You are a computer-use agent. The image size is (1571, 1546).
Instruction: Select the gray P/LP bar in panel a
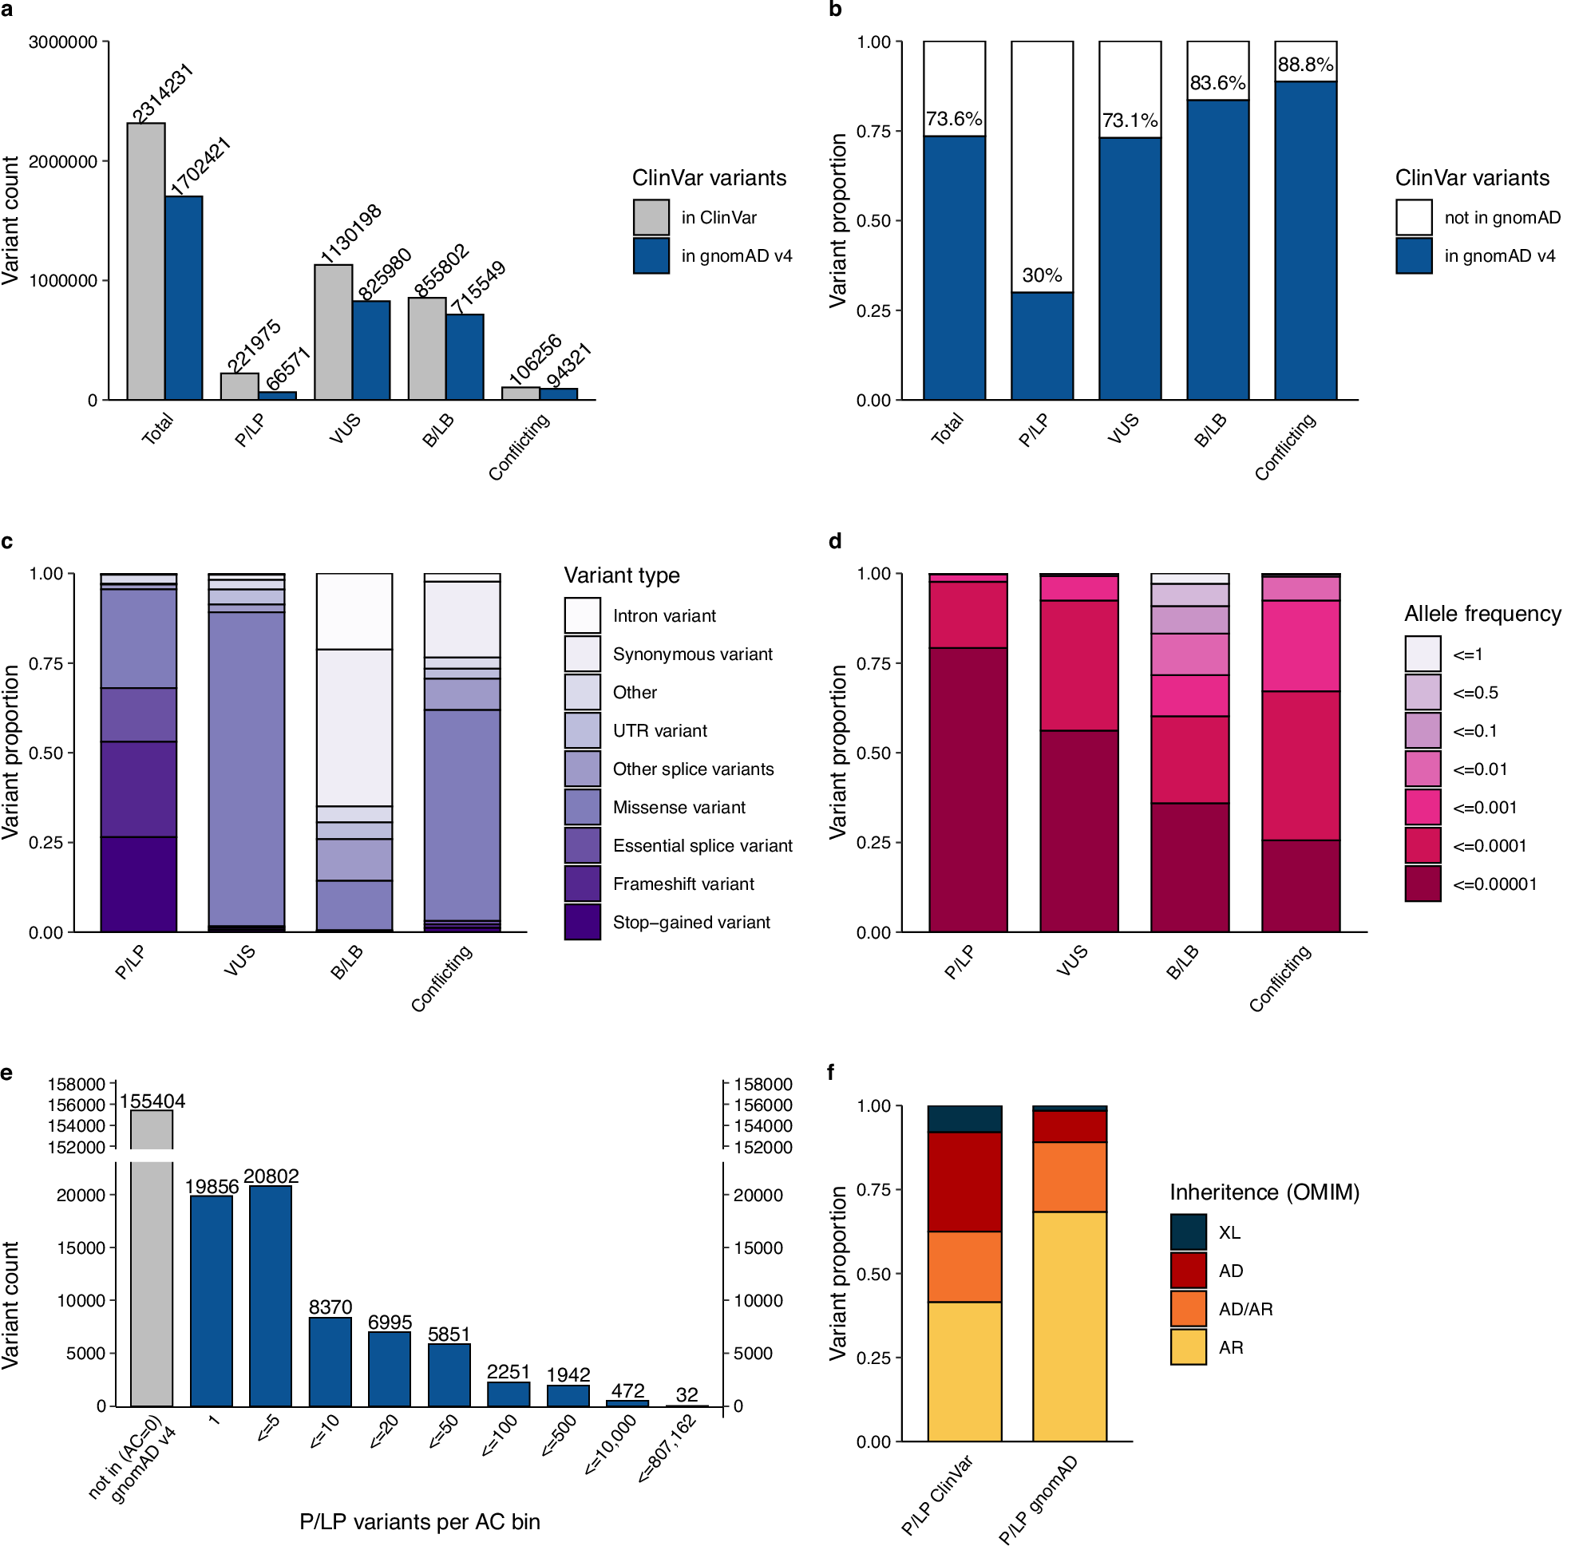point(239,386)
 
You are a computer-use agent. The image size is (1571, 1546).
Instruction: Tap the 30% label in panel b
point(1042,276)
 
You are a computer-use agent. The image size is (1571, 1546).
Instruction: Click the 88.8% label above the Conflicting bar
point(1304,65)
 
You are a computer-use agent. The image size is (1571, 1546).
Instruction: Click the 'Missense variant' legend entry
point(679,807)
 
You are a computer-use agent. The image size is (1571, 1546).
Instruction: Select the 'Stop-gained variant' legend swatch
point(583,923)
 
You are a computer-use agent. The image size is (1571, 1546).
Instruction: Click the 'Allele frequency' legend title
point(1482,614)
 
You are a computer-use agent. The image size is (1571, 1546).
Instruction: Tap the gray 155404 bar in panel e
point(152,1283)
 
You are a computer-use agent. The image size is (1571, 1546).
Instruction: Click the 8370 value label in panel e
point(330,1307)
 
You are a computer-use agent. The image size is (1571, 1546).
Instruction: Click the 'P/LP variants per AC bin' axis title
point(419,1521)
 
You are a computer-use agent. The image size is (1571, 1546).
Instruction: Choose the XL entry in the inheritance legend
point(1229,1232)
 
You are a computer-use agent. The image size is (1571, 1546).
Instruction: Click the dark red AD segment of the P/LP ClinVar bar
point(964,1181)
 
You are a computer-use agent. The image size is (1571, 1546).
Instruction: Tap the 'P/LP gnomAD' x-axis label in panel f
point(1037,1499)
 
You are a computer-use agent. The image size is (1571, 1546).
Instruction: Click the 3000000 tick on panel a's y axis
point(62,42)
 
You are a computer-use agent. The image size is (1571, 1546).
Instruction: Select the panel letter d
point(834,542)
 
